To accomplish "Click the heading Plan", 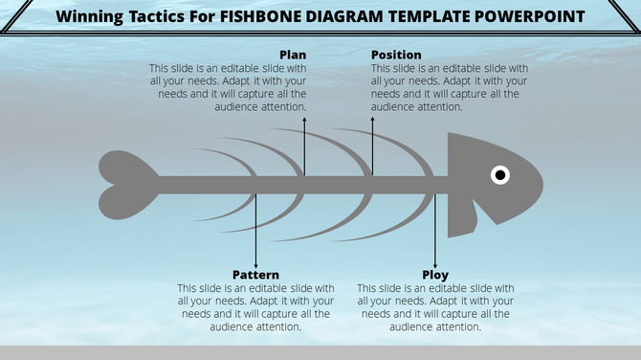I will pyautogui.click(x=293, y=55).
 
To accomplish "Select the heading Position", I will pyautogui.click(x=396, y=55).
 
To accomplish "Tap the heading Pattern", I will pyautogui.click(x=255, y=275).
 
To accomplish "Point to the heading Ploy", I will pyautogui.click(x=435, y=275).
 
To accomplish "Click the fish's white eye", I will pyautogui.click(x=500, y=174).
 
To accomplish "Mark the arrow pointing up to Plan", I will pyautogui.click(x=304, y=144).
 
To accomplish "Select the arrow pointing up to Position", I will pyautogui.click(x=372, y=144).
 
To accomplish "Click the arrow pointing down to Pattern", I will pyautogui.click(x=255, y=230).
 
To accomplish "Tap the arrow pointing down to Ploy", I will pyautogui.click(x=435, y=230).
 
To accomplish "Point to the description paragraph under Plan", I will pyautogui.click(x=228, y=88).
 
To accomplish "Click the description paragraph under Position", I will pyautogui.click(x=450, y=88).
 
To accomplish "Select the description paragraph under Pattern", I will pyautogui.click(x=255, y=306).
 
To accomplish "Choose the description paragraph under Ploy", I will pyautogui.click(x=435, y=306).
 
